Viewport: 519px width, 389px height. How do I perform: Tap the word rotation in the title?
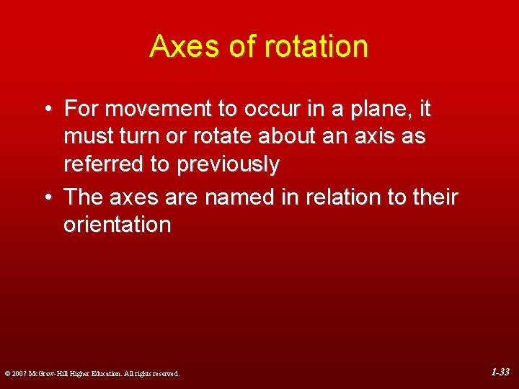coord(316,47)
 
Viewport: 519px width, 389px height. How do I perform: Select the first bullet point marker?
coord(47,109)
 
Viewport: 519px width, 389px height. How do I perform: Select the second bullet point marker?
coord(47,197)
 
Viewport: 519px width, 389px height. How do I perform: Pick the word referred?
coord(103,165)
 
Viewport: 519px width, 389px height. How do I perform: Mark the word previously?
coord(227,165)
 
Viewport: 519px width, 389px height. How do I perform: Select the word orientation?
coord(117,225)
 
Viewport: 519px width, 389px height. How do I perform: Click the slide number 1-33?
coord(500,372)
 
